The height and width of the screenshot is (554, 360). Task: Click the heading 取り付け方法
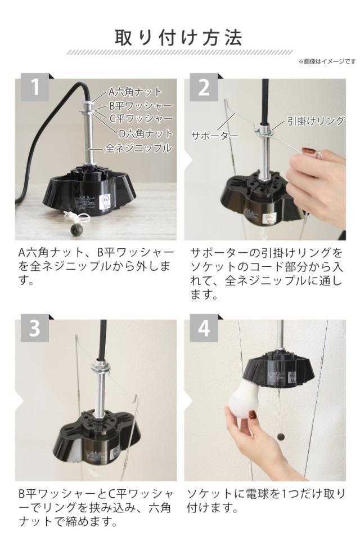pyautogui.click(x=179, y=38)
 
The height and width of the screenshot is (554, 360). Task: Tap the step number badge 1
pyautogui.click(x=34, y=87)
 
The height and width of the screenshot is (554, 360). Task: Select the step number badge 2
pyautogui.click(x=204, y=87)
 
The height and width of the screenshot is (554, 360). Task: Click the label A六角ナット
pyautogui.click(x=135, y=92)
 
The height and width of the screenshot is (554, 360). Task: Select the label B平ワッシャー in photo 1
pyautogui.click(x=141, y=106)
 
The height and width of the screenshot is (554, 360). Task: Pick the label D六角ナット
pyautogui.click(x=146, y=133)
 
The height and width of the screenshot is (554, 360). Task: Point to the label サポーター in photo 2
pyautogui.click(x=214, y=135)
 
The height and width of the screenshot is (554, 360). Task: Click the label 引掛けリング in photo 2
pyautogui.click(x=315, y=121)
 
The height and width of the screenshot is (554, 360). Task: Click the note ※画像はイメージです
pyautogui.click(x=327, y=61)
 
